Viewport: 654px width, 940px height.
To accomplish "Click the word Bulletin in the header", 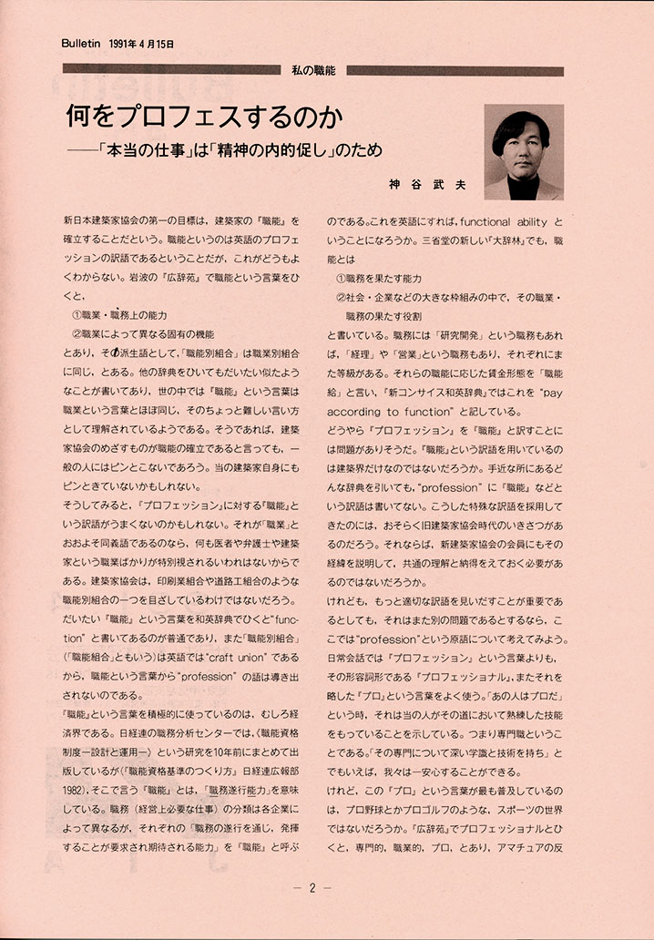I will click(80, 43).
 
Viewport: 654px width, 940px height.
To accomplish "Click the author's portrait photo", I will click(524, 151).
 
